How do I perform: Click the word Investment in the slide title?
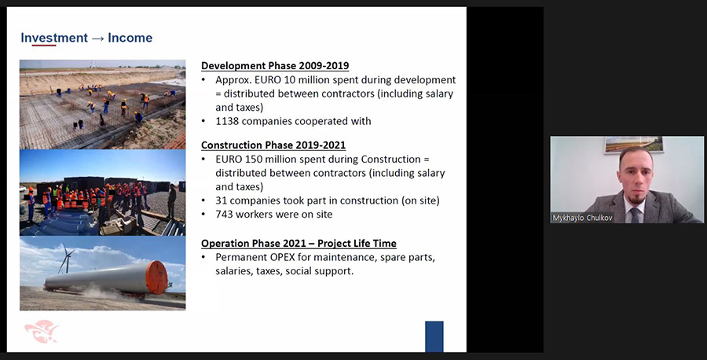click(x=54, y=38)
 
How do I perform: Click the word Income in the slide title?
click(x=130, y=38)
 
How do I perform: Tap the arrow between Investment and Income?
click(x=98, y=39)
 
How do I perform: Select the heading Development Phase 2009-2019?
click(x=275, y=66)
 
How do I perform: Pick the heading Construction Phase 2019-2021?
click(x=273, y=145)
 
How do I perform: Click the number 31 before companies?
click(x=221, y=200)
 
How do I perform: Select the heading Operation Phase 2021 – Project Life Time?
click(x=299, y=244)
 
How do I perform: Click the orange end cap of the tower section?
click(x=157, y=277)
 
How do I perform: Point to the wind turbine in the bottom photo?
click(x=66, y=258)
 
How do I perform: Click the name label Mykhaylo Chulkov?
click(x=583, y=218)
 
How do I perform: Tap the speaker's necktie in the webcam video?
click(x=635, y=215)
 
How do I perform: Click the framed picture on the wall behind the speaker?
click(x=633, y=145)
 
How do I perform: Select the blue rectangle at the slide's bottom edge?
click(x=434, y=336)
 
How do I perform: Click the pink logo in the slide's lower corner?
click(x=41, y=331)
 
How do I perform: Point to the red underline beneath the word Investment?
click(x=44, y=45)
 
